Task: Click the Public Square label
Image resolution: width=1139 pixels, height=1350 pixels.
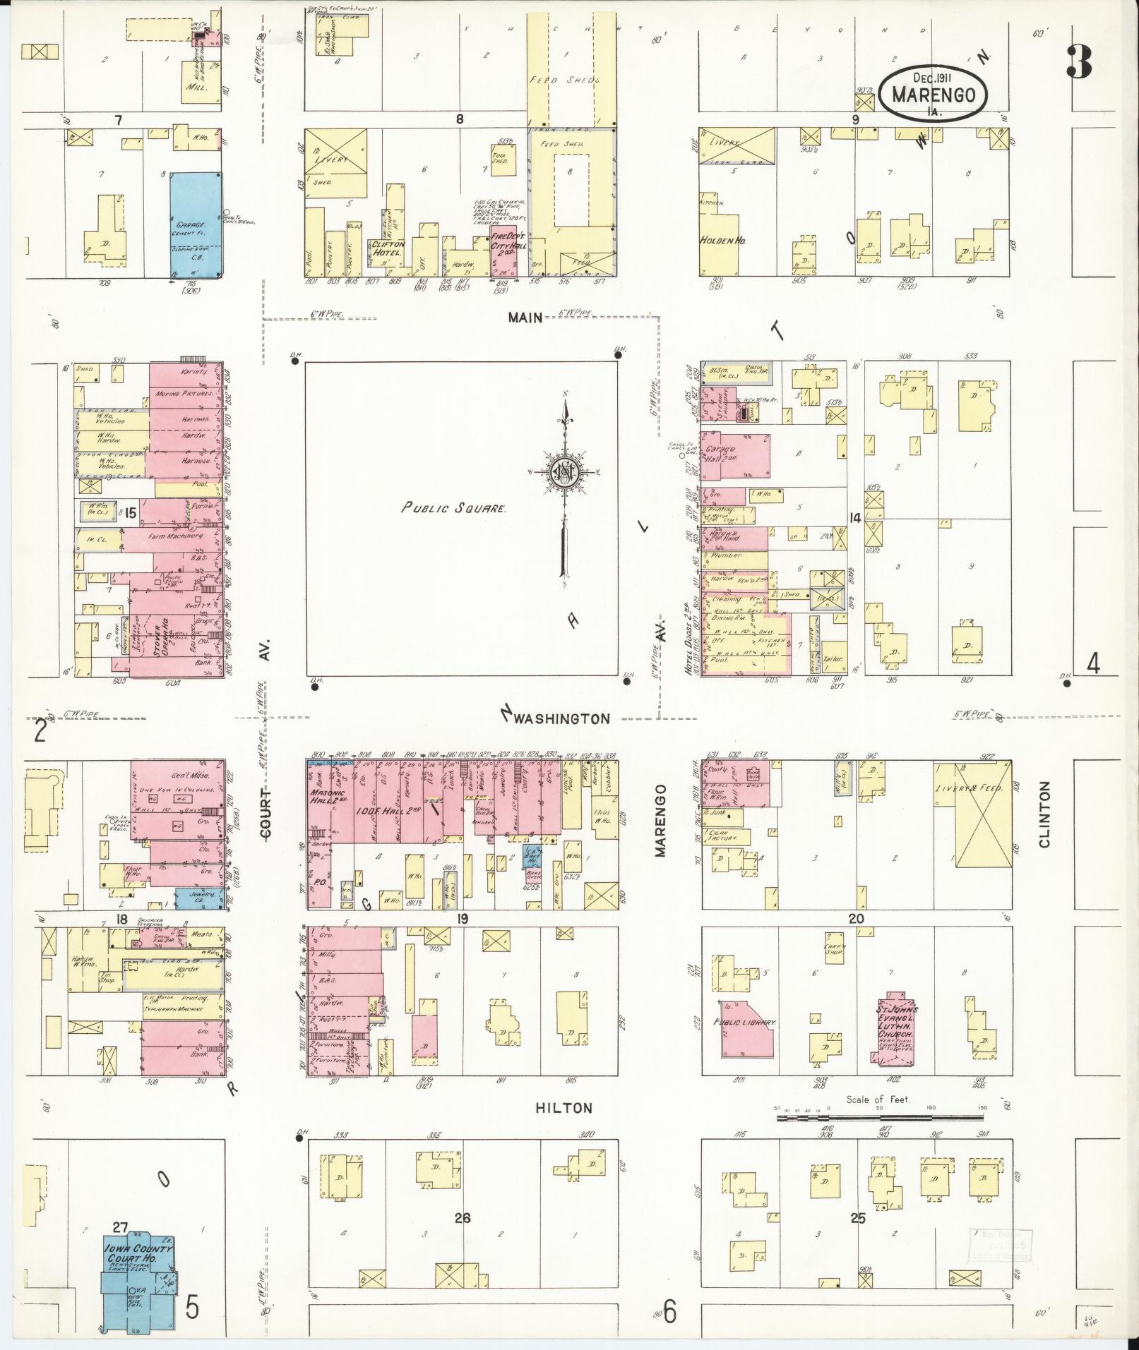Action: (x=454, y=507)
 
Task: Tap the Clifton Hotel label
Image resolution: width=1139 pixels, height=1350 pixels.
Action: (x=387, y=248)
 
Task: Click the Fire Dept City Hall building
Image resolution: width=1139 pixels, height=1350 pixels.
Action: (x=503, y=251)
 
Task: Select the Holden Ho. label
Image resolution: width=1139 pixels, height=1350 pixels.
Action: (x=723, y=240)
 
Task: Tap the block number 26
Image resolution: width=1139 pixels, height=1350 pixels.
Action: (x=463, y=1217)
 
